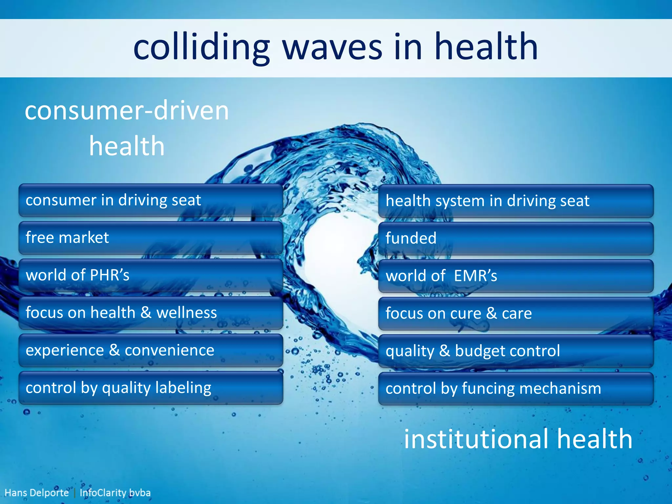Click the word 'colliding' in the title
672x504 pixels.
201,48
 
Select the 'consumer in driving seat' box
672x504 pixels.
151,200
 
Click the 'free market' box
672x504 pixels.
151,238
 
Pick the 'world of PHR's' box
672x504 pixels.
151,275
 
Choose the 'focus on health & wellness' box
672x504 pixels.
151,313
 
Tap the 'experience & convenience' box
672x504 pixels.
151,350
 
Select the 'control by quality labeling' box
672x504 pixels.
151,388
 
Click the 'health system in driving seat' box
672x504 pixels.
515,201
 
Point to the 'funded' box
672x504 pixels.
515,239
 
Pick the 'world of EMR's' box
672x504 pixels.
515,276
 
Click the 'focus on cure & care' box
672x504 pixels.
515,313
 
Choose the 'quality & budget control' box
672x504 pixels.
515,351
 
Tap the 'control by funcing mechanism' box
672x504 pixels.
515,388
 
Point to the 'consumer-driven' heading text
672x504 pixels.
127,111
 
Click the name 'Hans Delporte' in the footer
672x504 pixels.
36,493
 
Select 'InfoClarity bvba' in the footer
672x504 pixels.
115,493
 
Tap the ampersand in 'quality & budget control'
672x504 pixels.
444,351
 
